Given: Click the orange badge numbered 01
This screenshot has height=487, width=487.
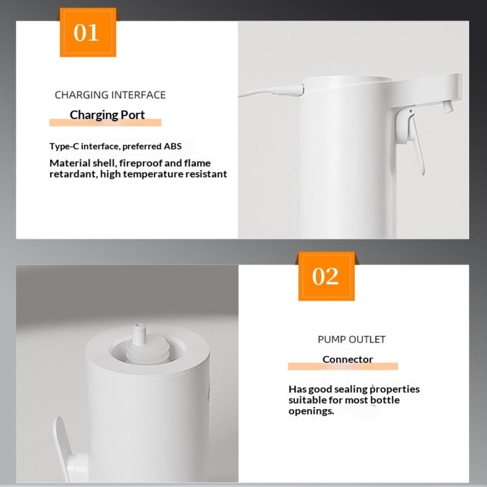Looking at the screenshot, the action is (x=88, y=32).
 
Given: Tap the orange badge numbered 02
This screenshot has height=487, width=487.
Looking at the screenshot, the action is (x=326, y=276).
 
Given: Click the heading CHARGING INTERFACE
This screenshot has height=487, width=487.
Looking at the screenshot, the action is (x=110, y=95).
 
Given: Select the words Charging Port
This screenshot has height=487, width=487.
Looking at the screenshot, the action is (x=107, y=115).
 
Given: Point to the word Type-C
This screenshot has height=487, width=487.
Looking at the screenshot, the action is (x=64, y=146).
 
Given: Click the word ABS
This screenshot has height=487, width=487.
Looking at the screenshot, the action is (x=173, y=146).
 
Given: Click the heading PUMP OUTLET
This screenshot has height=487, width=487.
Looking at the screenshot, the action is (x=352, y=339).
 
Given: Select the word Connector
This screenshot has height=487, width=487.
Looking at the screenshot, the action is (x=348, y=359).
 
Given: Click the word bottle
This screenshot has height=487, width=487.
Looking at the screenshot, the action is (x=385, y=400).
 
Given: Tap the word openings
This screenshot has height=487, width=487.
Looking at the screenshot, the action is (x=311, y=412).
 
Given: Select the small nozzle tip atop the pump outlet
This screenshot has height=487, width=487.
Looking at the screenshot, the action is (x=138, y=334).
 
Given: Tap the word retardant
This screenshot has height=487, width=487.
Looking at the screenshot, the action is (x=72, y=174).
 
